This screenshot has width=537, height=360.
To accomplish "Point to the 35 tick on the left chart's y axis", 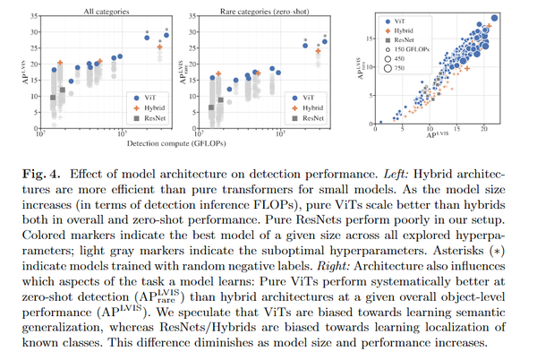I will (32, 16).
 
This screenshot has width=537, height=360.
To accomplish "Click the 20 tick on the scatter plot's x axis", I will (483, 130).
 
